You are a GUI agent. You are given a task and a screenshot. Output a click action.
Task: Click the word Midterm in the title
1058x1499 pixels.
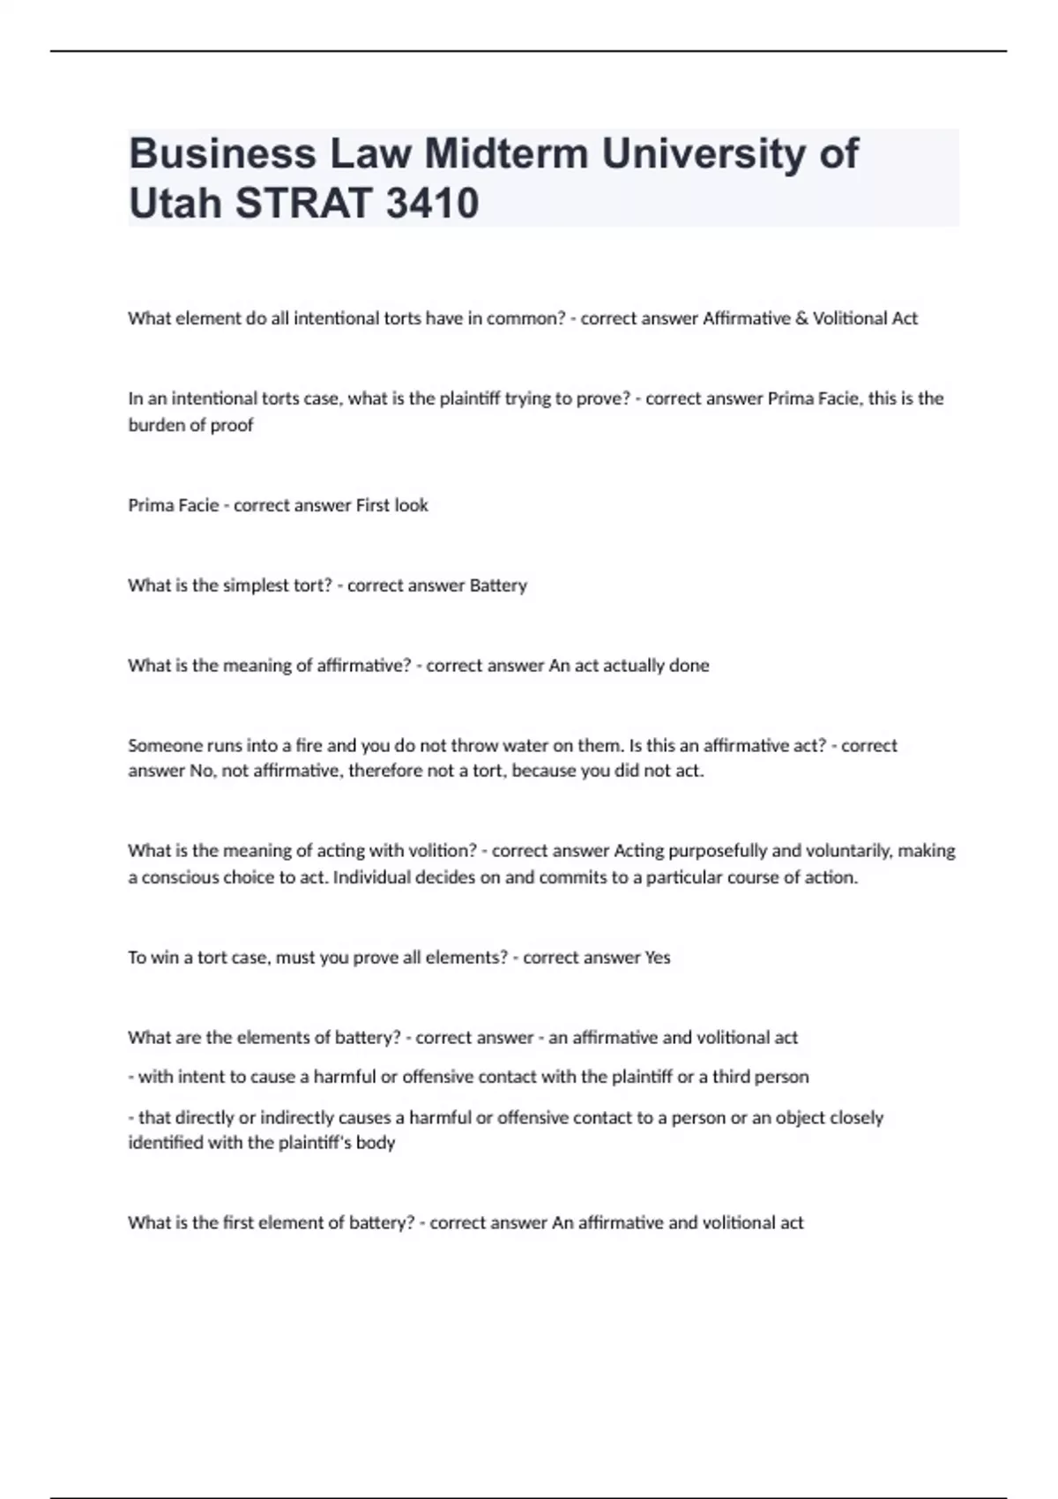point(506,153)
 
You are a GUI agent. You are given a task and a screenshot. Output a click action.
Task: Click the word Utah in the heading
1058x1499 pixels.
point(175,203)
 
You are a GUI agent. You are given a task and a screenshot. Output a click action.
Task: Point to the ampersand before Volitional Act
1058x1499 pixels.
point(801,318)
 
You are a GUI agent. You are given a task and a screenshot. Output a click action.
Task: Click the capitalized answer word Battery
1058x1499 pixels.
point(498,585)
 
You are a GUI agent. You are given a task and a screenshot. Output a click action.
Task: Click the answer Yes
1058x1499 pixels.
point(658,958)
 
